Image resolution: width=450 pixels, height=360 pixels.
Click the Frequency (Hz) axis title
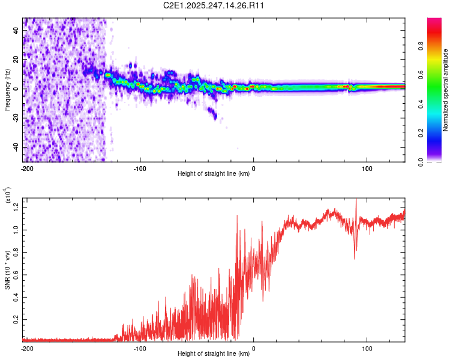[8, 90]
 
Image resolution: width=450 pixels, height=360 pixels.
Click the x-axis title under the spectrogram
[214, 174]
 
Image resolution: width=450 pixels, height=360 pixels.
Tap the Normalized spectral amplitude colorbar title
[446, 90]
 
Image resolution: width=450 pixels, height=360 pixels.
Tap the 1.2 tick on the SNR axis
[17, 207]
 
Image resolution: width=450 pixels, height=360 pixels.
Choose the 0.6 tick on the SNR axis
[17, 275]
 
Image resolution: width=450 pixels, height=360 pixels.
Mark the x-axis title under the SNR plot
[214, 354]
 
